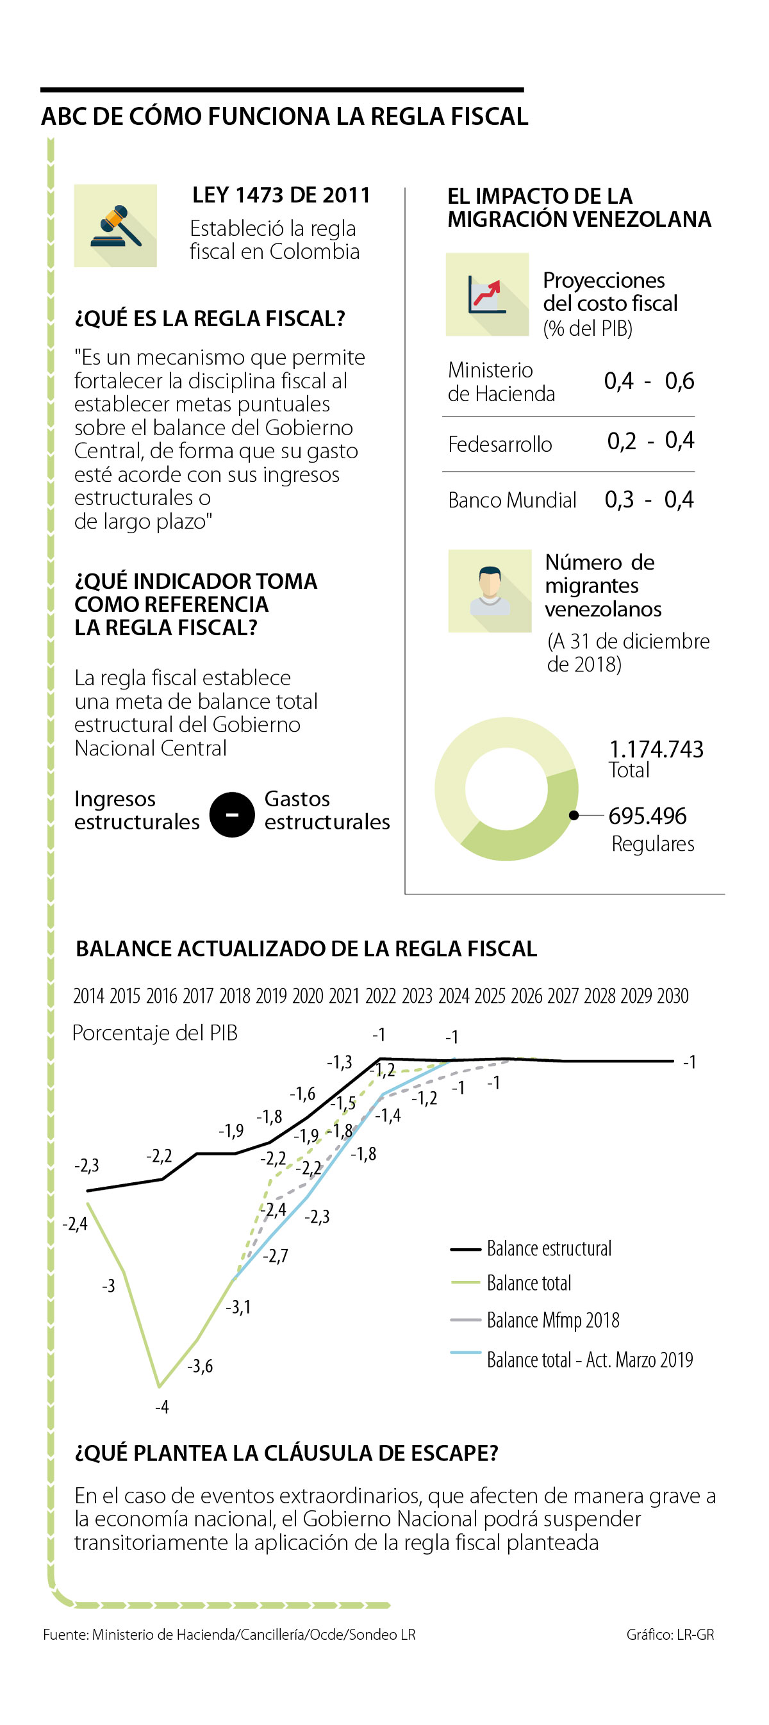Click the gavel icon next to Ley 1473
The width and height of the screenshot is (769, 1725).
pos(115,226)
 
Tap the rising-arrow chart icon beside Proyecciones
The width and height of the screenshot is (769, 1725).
pos(487,294)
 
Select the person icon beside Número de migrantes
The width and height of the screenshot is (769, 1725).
pos(490,591)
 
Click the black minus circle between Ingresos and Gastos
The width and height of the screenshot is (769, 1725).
pos(232,814)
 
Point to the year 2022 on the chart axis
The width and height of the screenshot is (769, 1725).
pos(381,996)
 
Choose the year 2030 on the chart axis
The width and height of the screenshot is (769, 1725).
pos(672,996)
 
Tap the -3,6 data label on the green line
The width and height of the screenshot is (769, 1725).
pos(199,1366)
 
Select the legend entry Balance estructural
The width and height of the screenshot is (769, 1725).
pos(549,1249)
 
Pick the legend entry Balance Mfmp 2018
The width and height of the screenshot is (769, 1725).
pos(552,1320)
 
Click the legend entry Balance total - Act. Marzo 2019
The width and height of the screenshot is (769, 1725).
pos(590,1359)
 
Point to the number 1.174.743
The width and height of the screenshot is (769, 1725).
pos(656,749)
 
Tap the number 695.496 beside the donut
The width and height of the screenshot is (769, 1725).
pos(647,816)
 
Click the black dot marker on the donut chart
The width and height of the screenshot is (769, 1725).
pos(574,815)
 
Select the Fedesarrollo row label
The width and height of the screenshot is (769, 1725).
pos(500,444)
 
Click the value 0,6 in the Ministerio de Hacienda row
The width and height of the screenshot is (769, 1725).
pos(679,381)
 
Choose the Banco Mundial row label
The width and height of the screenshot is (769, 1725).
pos(512,500)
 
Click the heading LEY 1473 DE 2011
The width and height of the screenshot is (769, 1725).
pos(281,195)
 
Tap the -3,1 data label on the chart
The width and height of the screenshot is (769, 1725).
pos(238,1307)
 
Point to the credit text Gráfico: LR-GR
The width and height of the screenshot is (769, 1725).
pos(670,1635)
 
